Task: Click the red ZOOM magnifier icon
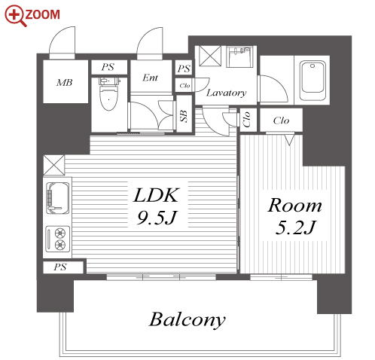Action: [x=15, y=16]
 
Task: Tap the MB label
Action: [x=65, y=83]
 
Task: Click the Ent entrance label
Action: [x=150, y=78]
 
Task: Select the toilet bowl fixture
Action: [x=109, y=95]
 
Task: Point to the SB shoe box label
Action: [x=184, y=116]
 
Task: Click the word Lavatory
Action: [x=226, y=93]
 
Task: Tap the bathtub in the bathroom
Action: [x=312, y=78]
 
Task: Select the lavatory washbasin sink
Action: [x=239, y=56]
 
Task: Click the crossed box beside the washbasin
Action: [x=210, y=56]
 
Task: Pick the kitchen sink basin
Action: [x=58, y=198]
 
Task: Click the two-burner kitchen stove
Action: [x=57, y=239]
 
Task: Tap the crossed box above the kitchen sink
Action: [x=54, y=165]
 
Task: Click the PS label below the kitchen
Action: [x=60, y=267]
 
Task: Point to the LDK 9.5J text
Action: [x=157, y=206]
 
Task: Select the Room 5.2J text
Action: [x=295, y=216]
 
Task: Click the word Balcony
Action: [x=187, y=319]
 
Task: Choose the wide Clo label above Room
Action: [x=281, y=121]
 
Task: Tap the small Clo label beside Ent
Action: [x=184, y=86]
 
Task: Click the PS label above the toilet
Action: [x=108, y=67]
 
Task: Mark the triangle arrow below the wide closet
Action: [x=289, y=140]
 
